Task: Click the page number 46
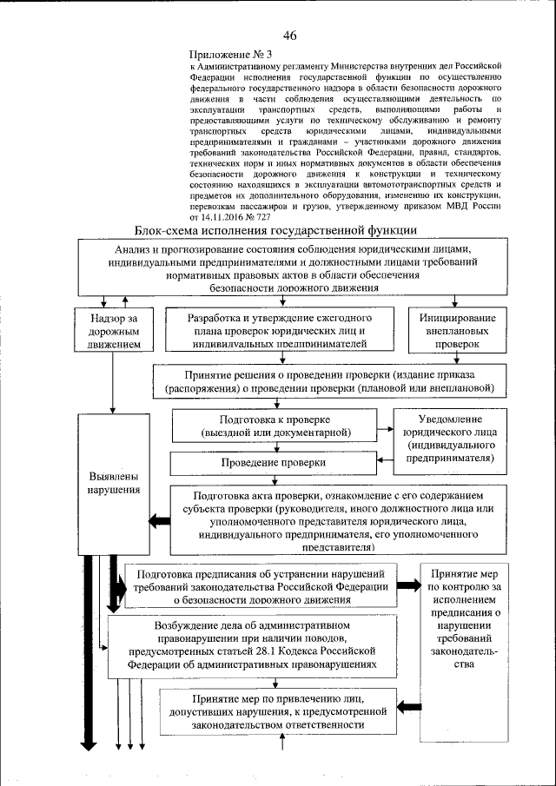pyautogui.click(x=289, y=35)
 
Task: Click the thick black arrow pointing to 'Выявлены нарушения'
pyautogui.click(x=159, y=521)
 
